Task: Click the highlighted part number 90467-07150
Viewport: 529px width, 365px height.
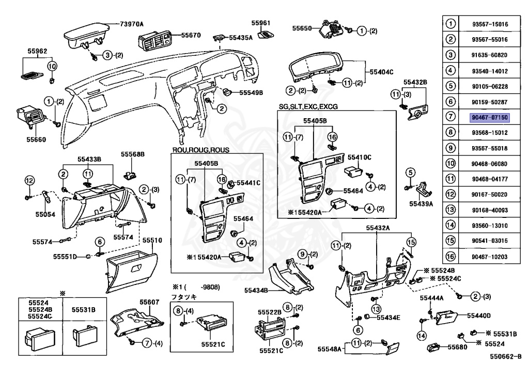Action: (x=490, y=118)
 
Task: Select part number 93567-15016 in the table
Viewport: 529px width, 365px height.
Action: (x=490, y=24)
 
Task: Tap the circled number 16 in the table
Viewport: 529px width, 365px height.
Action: (x=451, y=256)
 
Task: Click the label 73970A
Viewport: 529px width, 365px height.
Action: (x=132, y=24)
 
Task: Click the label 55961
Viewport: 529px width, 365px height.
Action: (x=261, y=23)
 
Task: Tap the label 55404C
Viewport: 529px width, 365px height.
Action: (x=381, y=72)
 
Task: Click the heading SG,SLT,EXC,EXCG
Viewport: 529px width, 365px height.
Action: (x=308, y=106)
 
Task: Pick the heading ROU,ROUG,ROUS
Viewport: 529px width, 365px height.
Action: (x=201, y=150)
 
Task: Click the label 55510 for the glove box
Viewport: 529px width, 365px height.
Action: (x=152, y=241)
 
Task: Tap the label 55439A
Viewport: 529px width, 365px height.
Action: (x=422, y=203)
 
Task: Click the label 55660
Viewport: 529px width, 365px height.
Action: (x=36, y=139)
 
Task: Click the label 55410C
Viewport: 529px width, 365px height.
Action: (x=359, y=156)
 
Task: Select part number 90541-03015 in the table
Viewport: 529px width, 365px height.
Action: (x=490, y=241)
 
